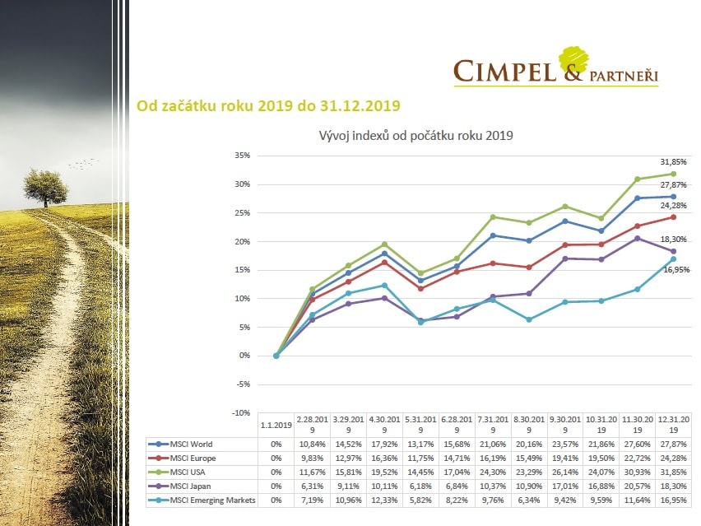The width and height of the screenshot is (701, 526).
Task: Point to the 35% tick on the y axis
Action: pyautogui.click(x=242, y=156)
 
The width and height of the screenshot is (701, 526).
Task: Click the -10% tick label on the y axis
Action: pyautogui.click(x=240, y=412)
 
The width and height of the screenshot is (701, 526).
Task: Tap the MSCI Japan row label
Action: pyautogui.click(x=190, y=486)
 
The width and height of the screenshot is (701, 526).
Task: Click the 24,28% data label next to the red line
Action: pyautogui.click(x=674, y=206)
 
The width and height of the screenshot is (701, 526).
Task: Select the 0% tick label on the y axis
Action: pyautogui.click(x=244, y=356)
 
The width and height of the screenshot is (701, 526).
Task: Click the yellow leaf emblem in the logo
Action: pyautogui.click(x=574, y=59)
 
